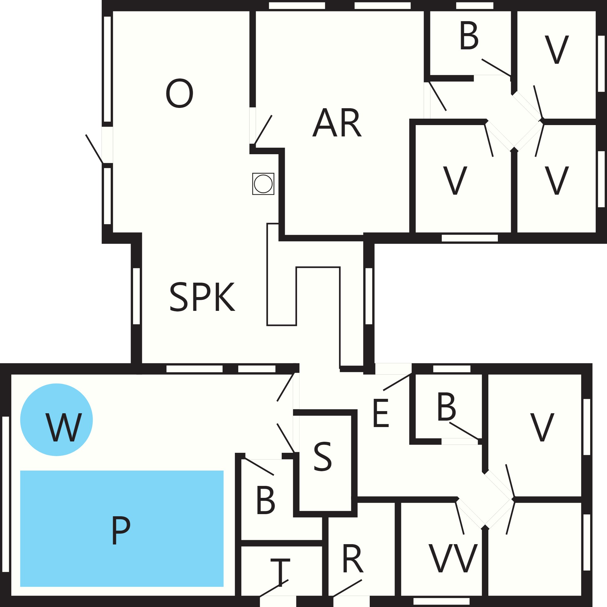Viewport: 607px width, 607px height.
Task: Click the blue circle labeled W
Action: coord(56,419)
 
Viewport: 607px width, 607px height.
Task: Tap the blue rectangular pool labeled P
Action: coord(122,529)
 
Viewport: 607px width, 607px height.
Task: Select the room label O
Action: coord(179,93)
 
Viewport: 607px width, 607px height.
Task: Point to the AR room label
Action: coord(337,122)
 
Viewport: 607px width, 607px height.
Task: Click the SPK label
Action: coord(202,297)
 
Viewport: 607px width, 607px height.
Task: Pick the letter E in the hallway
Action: coord(381,413)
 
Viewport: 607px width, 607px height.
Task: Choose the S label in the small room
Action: coord(323,456)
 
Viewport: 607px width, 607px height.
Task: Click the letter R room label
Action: coord(353,559)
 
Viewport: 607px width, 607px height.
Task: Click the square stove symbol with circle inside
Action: coord(263,184)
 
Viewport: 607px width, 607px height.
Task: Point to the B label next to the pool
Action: coord(266,500)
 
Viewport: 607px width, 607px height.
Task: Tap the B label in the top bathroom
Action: coord(469,36)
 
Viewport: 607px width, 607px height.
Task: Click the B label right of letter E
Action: coord(446,406)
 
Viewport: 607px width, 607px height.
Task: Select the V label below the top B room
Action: coord(455,180)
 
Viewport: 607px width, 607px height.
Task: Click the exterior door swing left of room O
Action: coord(94,149)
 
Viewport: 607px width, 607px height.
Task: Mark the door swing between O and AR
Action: coord(263,130)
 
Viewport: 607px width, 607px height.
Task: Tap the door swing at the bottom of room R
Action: coord(347,588)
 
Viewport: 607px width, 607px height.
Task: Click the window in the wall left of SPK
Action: coord(136,296)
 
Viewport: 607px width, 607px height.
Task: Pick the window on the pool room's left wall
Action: coord(6,494)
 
